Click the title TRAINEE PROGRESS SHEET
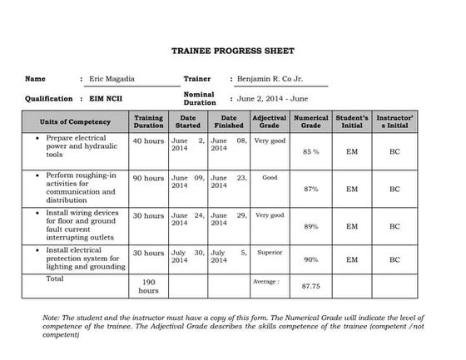point(232,51)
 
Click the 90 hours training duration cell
point(148,178)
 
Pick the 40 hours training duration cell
point(148,141)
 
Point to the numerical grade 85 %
point(310,153)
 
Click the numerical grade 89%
point(310,226)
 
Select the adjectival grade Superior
point(269,252)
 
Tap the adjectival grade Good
point(269,178)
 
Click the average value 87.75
point(310,286)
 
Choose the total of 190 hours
point(148,286)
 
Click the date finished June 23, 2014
point(228,182)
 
